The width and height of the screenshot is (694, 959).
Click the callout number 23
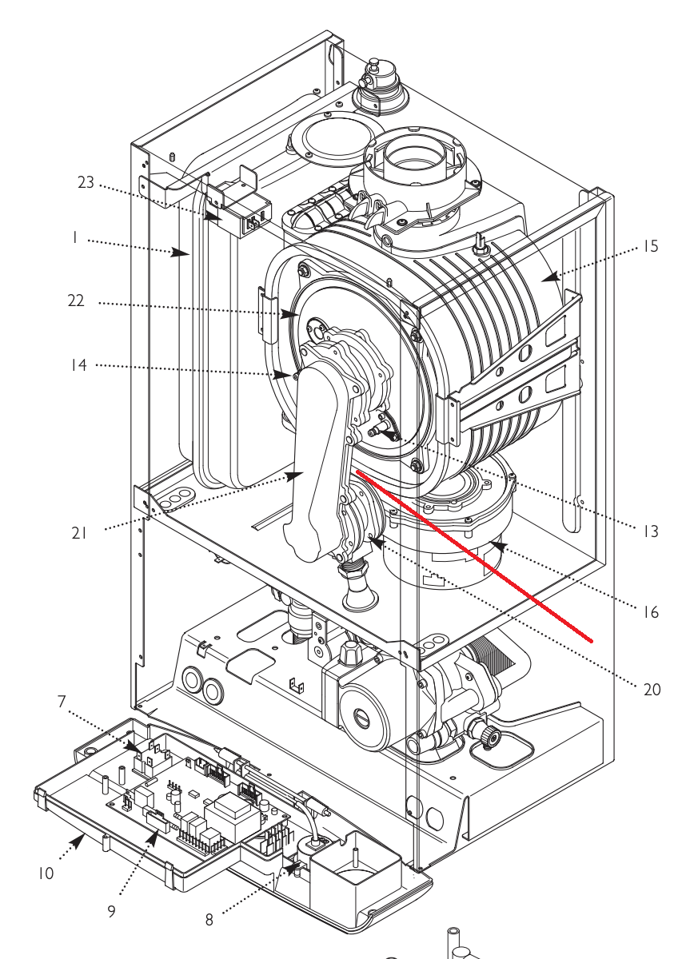(86, 182)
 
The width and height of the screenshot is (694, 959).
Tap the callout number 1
(75, 237)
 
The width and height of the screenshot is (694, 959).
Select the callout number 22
(76, 300)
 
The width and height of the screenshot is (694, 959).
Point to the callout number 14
(79, 365)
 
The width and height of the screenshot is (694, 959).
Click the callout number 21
(79, 533)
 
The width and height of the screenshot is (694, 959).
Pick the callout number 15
(650, 246)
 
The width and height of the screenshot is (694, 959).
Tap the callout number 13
(650, 531)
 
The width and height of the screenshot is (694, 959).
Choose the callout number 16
(650, 612)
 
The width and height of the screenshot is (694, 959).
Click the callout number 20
(652, 690)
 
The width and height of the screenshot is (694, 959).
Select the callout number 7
(62, 702)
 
